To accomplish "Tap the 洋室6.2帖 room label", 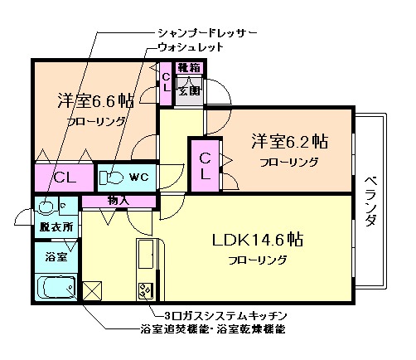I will [x=289, y=141].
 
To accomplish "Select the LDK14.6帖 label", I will [x=258, y=241].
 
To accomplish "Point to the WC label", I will [x=138, y=177].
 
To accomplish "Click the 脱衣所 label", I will [x=55, y=226].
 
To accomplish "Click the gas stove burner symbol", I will [x=146, y=292].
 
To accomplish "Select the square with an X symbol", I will [x=92, y=292].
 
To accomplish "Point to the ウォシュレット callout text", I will [x=190, y=49].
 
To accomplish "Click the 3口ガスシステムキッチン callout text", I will [x=224, y=317].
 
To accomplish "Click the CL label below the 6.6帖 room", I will [x=65, y=177].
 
